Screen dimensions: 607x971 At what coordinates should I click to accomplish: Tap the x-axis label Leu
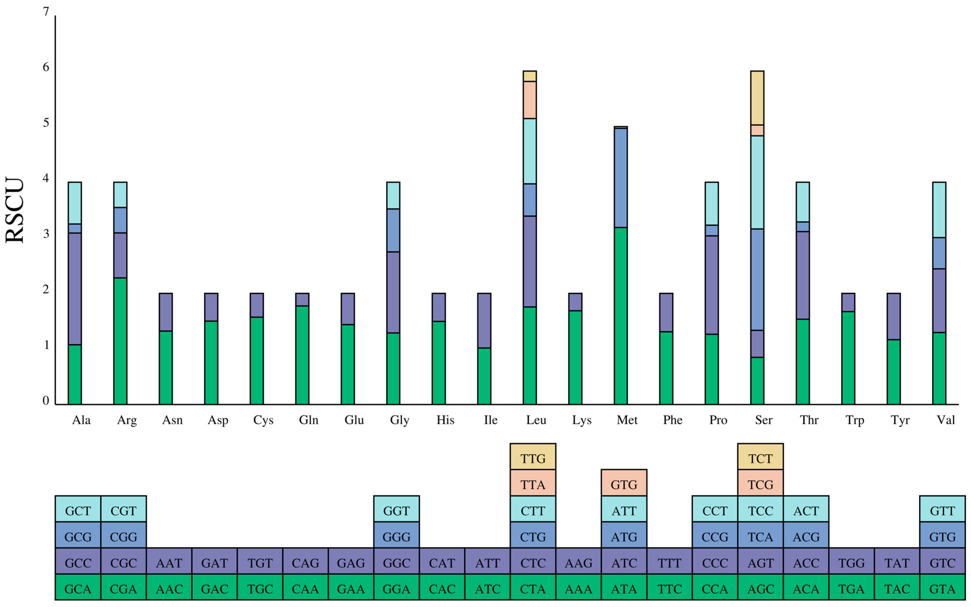(x=536, y=420)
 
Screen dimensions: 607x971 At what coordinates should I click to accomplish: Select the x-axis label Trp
(x=854, y=420)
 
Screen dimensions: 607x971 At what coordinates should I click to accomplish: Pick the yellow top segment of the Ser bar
(x=757, y=98)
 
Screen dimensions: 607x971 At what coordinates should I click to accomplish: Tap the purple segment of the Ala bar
(x=75, y=289)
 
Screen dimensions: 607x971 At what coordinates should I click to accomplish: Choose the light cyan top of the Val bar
(x=939, y=210)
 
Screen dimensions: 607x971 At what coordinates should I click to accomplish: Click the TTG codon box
(x=533, y=458)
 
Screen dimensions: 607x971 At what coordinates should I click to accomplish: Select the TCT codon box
(x=760, y=458)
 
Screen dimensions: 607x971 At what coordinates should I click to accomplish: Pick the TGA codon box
(x=851, y=589)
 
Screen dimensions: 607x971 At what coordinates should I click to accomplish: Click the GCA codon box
(x=78, y=589)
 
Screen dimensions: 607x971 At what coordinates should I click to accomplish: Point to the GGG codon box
(x=396, y=537)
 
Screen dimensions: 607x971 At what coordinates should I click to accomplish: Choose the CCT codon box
(x=715, y=511)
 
